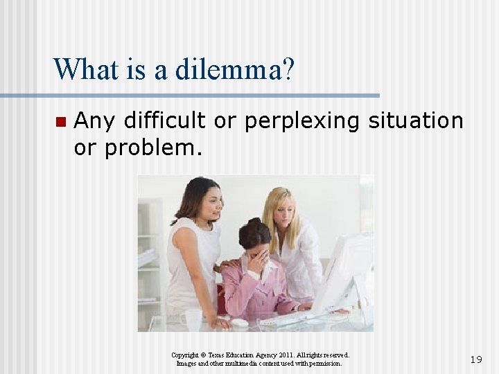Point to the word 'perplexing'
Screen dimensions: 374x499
point(301,121)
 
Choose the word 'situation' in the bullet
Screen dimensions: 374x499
point(416,121)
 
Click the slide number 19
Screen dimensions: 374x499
point(475,359)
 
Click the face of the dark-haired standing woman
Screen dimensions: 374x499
point(209,202)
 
